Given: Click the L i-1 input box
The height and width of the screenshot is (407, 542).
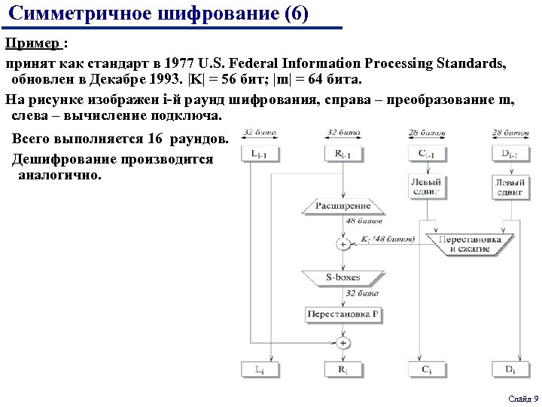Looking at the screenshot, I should (x=258, y=154).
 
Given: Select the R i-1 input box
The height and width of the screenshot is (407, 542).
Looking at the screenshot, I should (x=343, y=154).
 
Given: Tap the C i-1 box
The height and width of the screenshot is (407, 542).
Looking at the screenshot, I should (x=427, y=154).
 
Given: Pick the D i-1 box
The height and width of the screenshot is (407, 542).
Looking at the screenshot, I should (x=510, y=154).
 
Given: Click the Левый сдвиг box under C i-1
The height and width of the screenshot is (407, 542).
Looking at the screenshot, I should (x=427, y=186).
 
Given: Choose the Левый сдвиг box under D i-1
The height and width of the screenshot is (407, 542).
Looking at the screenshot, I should (x=510, y=186).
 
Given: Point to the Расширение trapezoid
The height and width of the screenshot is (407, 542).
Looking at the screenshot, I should (x=343, y=206).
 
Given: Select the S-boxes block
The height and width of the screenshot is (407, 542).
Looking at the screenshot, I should (x=343, y=277).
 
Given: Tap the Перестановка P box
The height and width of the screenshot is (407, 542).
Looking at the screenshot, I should (x=343, y=314).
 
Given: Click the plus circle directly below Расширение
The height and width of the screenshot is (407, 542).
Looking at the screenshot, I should (x=343, y=243).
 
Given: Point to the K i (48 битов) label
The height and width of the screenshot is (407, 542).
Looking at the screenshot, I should (x=388, y=239).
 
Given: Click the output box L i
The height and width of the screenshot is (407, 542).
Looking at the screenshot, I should (x=258, y=369).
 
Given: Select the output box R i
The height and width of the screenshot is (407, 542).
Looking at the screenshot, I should (x=343, y=369).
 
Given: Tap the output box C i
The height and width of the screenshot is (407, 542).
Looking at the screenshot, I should (x=427, y=369).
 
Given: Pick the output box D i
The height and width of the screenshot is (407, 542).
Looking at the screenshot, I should (x=510, y=369).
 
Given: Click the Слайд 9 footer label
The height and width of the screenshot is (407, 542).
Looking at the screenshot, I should (x=522, y=398).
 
